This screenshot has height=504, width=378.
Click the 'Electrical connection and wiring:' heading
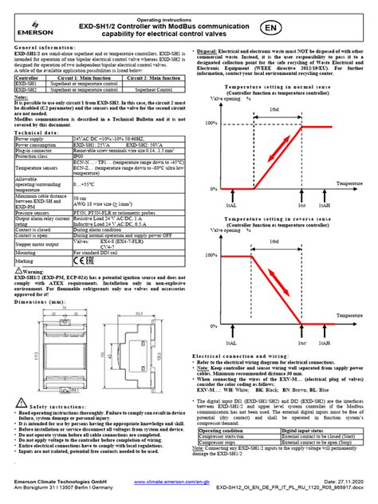click(241, 333)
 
